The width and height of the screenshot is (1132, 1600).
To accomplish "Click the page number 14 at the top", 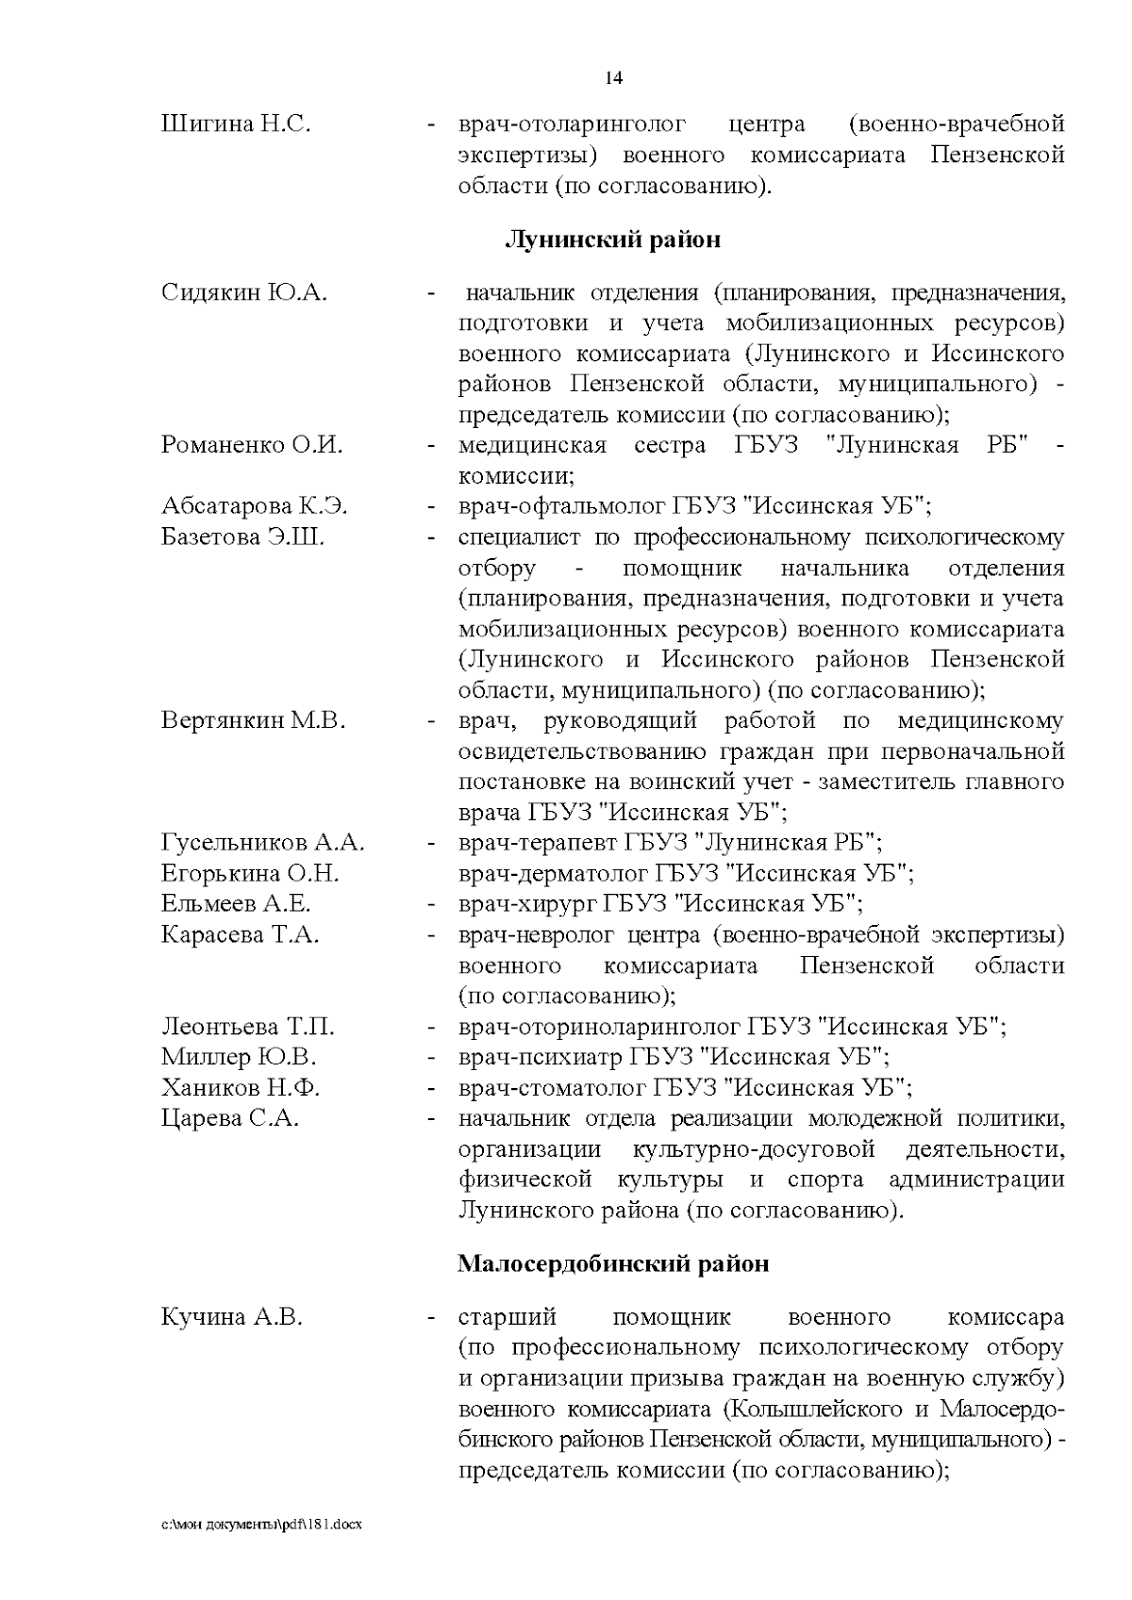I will (x=613, y=78).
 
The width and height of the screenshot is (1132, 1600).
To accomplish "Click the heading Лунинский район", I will (x=613, y=239).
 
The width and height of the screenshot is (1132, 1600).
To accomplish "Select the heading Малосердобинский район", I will (x=613, y=1263).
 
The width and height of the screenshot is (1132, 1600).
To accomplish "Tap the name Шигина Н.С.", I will (x=236, y=124).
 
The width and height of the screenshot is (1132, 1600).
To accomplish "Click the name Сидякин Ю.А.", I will (x=244, y=292).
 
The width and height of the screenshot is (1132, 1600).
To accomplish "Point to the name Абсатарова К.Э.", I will (x=255, y=506).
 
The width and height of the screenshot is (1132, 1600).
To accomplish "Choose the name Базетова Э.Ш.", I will (x=243, y=537).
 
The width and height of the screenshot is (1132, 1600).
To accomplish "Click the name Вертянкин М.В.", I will (x=254, y=721).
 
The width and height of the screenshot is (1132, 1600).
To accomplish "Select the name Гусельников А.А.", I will (x=263, y=843).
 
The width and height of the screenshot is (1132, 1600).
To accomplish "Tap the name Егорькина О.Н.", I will (x=250, y=873).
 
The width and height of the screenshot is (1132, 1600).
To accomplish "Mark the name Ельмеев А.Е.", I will (x=236, y=904).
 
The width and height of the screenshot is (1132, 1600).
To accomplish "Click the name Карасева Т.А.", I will (x=241, y=934).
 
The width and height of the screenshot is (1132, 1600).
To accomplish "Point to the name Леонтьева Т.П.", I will (x=248, y=1027).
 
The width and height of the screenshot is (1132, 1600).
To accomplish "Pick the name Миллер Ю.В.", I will (x=239, y=1057).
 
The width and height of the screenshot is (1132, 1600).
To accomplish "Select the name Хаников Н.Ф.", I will (x=241, y=1088).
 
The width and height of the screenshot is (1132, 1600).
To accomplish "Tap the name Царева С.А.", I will (x=230, y=1119).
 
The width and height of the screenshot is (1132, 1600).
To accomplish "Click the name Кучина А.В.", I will (x=232, y=1317).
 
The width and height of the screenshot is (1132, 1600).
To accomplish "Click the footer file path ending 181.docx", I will (x=261, y=1525).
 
